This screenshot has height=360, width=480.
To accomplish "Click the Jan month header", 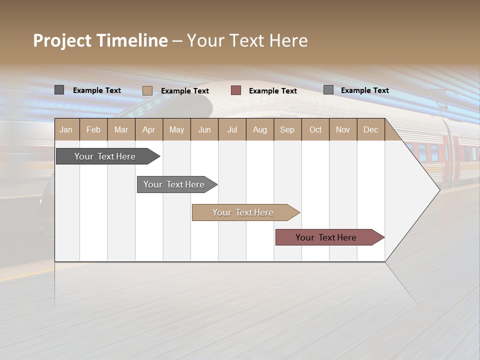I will pos(66,129).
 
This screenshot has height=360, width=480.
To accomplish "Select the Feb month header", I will pos(93,129).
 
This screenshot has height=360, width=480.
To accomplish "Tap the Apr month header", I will pos(148,129).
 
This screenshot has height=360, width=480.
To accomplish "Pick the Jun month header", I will pos(204,129).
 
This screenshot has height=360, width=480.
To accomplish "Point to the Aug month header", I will pos(259,129).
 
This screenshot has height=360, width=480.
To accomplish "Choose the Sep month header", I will pos(287,129).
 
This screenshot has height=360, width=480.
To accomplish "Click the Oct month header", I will pos(315,129).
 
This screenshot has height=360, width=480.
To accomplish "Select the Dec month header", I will pos(370,129).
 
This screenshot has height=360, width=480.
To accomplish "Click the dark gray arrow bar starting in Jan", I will pos(105,156).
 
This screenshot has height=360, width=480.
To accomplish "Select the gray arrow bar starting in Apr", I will pos(174,184).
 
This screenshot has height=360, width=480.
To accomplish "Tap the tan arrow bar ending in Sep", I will pos(243,212).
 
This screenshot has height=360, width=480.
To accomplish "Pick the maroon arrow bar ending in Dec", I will pos(326,237).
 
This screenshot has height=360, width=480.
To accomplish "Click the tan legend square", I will pos(147,90).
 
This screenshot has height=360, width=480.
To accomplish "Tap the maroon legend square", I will pos(236,90).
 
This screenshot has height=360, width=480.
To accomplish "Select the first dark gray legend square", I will pos(59,90).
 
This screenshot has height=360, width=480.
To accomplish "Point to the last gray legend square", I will pos(328,90).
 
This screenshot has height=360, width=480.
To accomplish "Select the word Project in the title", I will pos(62,40).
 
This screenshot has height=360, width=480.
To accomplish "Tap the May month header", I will pos(176,129).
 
